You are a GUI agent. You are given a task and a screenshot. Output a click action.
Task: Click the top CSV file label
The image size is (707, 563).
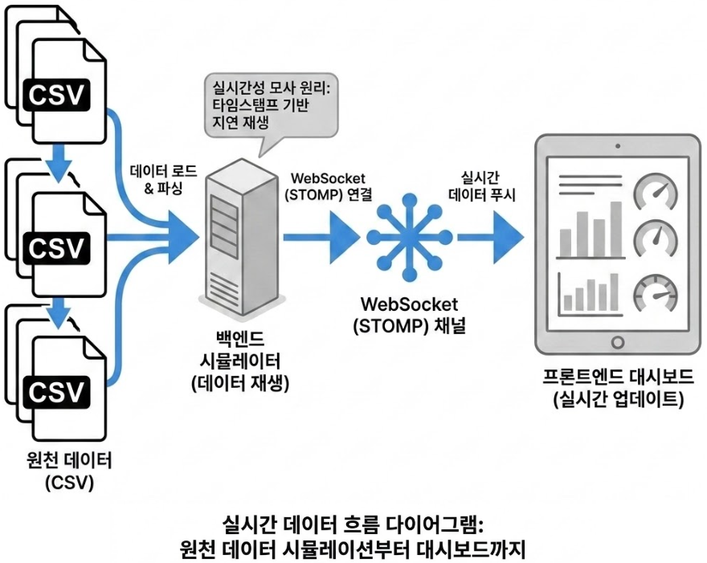pyautogui.click(x=56, y=95)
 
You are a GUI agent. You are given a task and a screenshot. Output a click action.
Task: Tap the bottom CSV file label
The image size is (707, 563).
pyautogui.click(x=56, y=391)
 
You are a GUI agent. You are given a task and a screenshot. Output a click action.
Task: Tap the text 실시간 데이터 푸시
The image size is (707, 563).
pyautogui.click(x=482, y=185)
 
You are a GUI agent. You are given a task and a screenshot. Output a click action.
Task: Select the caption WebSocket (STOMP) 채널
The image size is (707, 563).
pyautogui.click(x=409, y=316)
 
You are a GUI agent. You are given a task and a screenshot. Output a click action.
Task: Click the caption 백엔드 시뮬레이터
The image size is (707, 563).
pyautogui.click(x=240, y=354)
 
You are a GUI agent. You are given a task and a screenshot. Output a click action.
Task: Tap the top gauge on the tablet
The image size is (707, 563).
pyautogui.click(x=655, y=191)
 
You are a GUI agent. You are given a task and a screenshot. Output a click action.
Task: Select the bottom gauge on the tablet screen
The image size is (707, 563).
pyautogui.click(x=655, y=292)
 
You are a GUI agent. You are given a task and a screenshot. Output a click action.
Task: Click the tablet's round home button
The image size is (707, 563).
pyautogui.click(x=617, y=343)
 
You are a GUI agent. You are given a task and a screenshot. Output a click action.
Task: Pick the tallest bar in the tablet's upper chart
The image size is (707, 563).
pyautogui.click(x=616, y=227)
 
